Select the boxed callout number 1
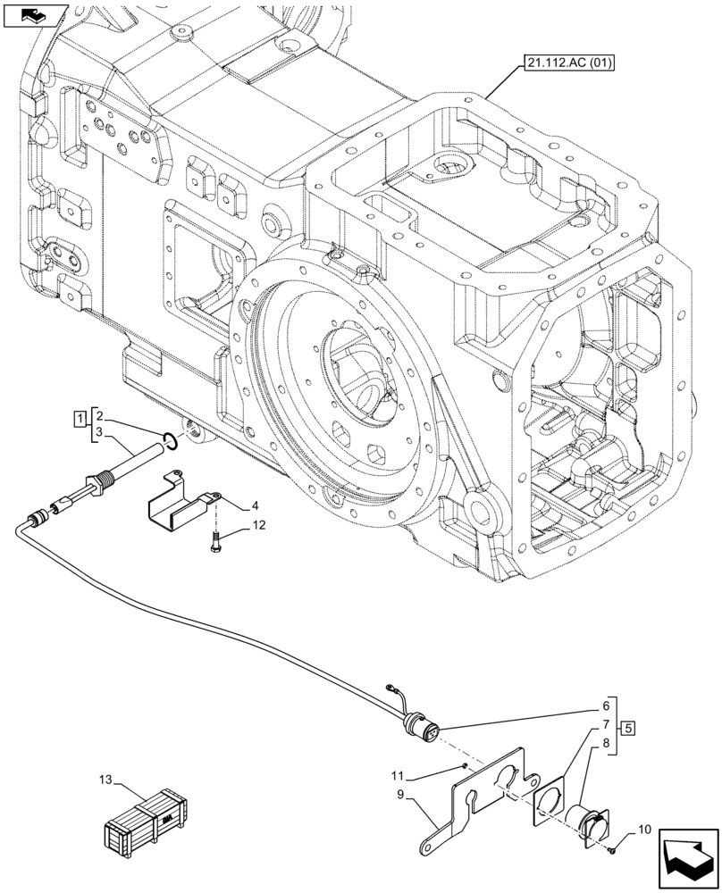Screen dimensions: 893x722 80,417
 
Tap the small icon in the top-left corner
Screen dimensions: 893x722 35,14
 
